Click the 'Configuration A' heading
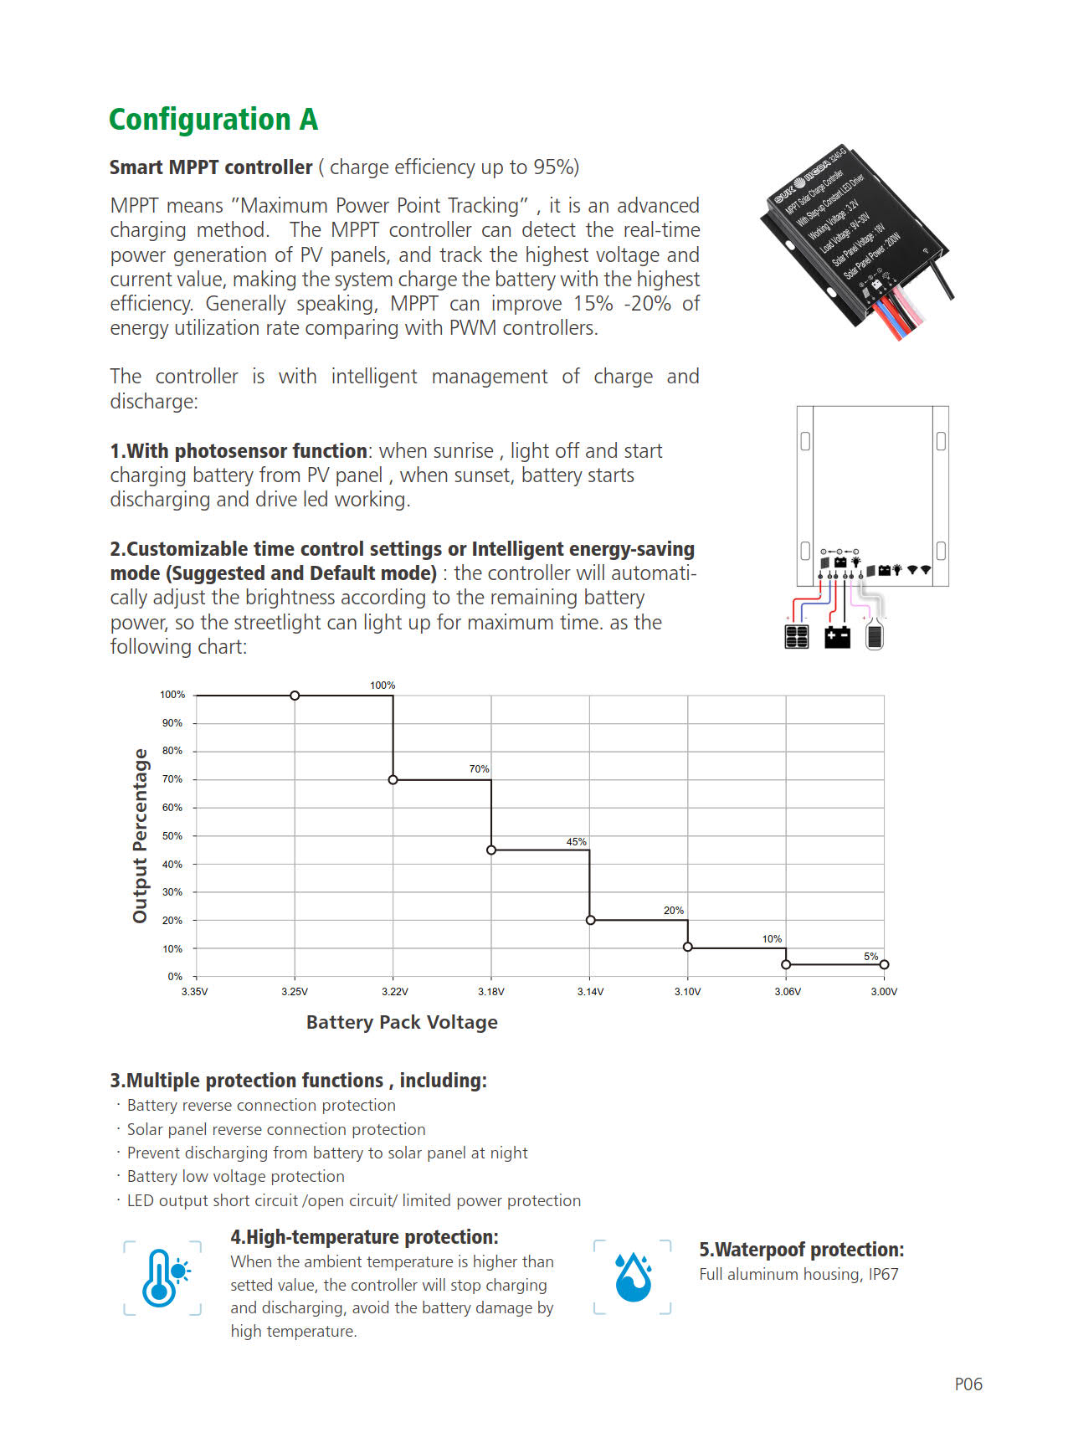(213, 120)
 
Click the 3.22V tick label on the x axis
(394, 992)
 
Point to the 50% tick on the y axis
(172, 836)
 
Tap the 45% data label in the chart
(576, 842)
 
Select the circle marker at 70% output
(393, 780)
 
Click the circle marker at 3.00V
(884, 965)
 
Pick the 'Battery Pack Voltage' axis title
(402, 1022)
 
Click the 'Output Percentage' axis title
(140, 836)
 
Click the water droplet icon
(633, 1277)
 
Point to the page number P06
(968, 1384)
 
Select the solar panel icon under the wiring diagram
(797, 637)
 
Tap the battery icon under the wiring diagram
(837, 637)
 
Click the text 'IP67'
(883, 1275)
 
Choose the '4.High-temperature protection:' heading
(364, 1237)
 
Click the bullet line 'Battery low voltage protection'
(235, 1177)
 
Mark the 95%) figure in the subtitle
(556, 167)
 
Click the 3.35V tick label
(195, 992)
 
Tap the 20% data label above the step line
(673, 911)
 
